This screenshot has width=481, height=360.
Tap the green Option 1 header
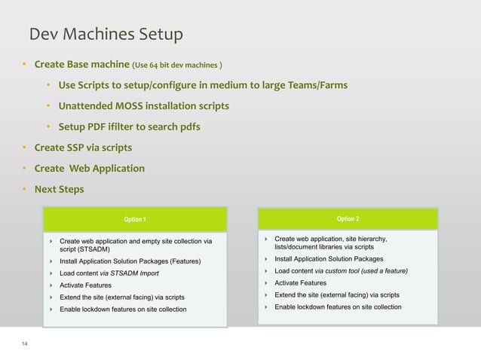coord(135,219)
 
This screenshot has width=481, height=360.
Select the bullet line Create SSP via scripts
coord(78,147)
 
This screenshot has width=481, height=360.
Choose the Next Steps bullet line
coord(59,189)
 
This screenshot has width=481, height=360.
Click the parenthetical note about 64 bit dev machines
coord(177,63)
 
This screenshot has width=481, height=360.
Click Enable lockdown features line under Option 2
coord(338,307)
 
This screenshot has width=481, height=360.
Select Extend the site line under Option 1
coord(121,297)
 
